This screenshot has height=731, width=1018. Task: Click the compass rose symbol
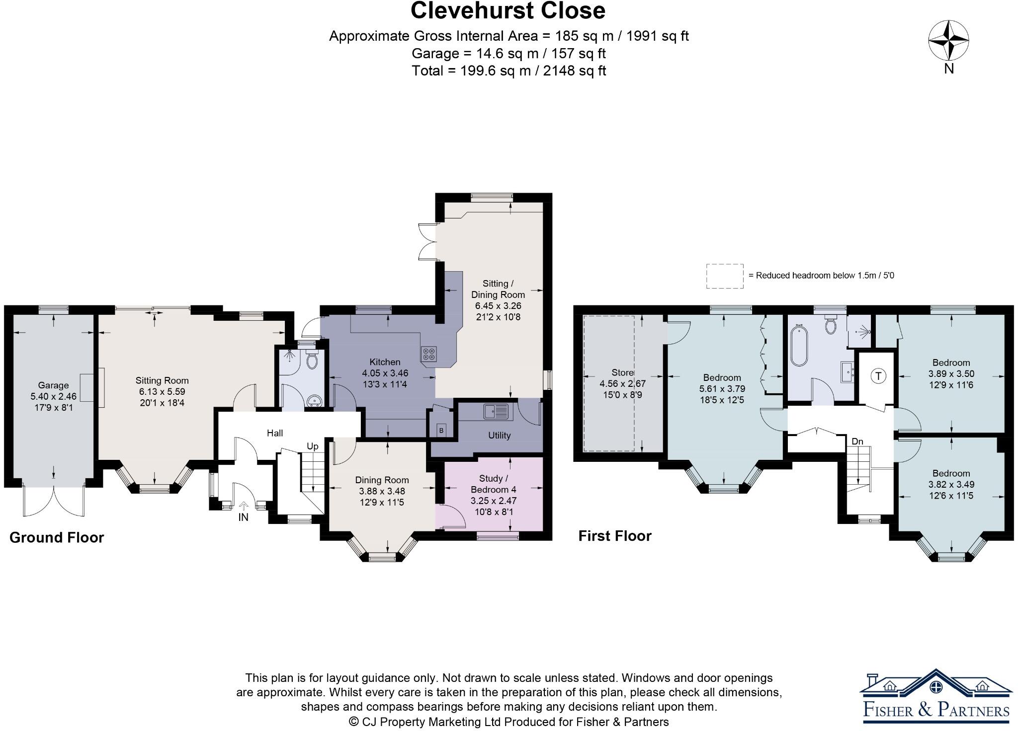(948, 41)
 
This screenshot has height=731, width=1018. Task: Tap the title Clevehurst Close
(508, 11)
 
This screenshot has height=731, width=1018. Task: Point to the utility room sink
(497, 411)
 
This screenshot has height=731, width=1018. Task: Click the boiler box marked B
(441, 431)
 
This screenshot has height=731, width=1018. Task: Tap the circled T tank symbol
(878, 376)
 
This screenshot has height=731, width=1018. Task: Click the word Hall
(275, 433)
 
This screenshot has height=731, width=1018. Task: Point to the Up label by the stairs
(312, 446)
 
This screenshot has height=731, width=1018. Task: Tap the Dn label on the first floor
(857, 441)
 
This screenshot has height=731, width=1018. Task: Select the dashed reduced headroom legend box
(725, 276)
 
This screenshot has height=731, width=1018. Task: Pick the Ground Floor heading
(57, 537)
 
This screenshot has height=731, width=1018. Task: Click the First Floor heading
(615, 536)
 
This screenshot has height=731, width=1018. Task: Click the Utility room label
(499, 436)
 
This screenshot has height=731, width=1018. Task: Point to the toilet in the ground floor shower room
(312, 360)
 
